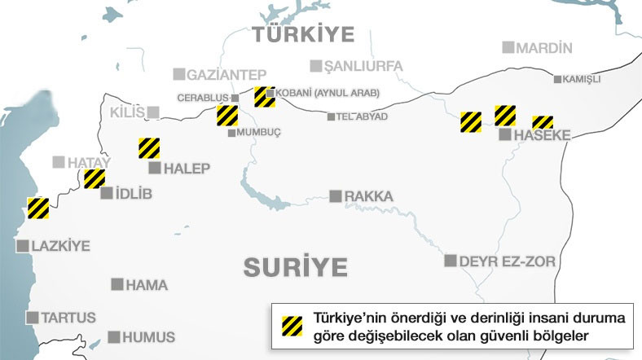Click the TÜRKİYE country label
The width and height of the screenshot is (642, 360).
click(302, 33)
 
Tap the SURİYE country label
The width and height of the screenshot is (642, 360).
click(295, 266)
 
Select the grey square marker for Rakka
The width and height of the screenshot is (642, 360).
click(335, 196)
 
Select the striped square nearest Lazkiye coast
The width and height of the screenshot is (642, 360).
click(38, 209)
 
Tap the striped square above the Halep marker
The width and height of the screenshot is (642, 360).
click(148, 148)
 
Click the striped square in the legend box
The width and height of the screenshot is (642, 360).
click(291, 324)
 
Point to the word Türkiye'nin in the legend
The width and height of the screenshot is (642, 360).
click(353, 318)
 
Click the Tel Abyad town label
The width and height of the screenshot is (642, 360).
click(362, 116)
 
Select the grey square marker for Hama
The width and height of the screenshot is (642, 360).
click(117, 284)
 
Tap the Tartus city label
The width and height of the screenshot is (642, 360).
click(68, 318)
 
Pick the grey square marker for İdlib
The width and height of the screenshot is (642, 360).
click(106, 194)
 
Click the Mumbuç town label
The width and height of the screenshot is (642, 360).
click(258, 133)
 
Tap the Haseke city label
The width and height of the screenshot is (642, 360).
click(542, 135)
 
